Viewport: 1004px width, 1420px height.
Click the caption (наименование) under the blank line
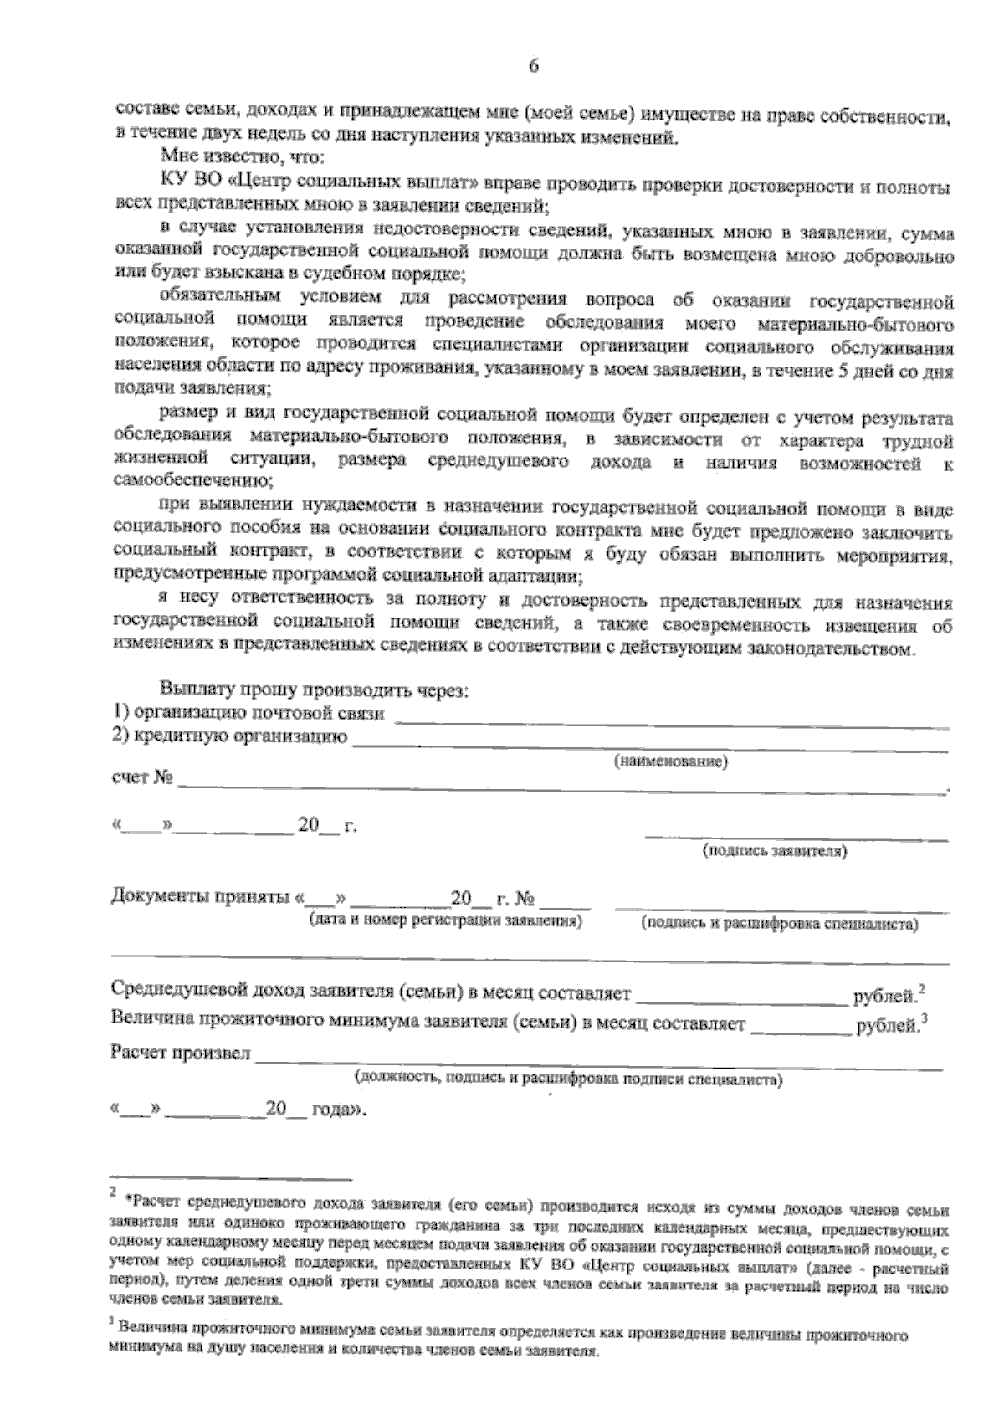[671, 762]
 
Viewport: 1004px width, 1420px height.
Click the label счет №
[141, 778]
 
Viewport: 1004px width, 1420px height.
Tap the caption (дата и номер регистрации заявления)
[445, 921]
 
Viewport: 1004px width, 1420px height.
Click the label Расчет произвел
[181, 1053]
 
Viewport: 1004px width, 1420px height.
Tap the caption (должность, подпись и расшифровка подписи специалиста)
[569, 1079]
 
